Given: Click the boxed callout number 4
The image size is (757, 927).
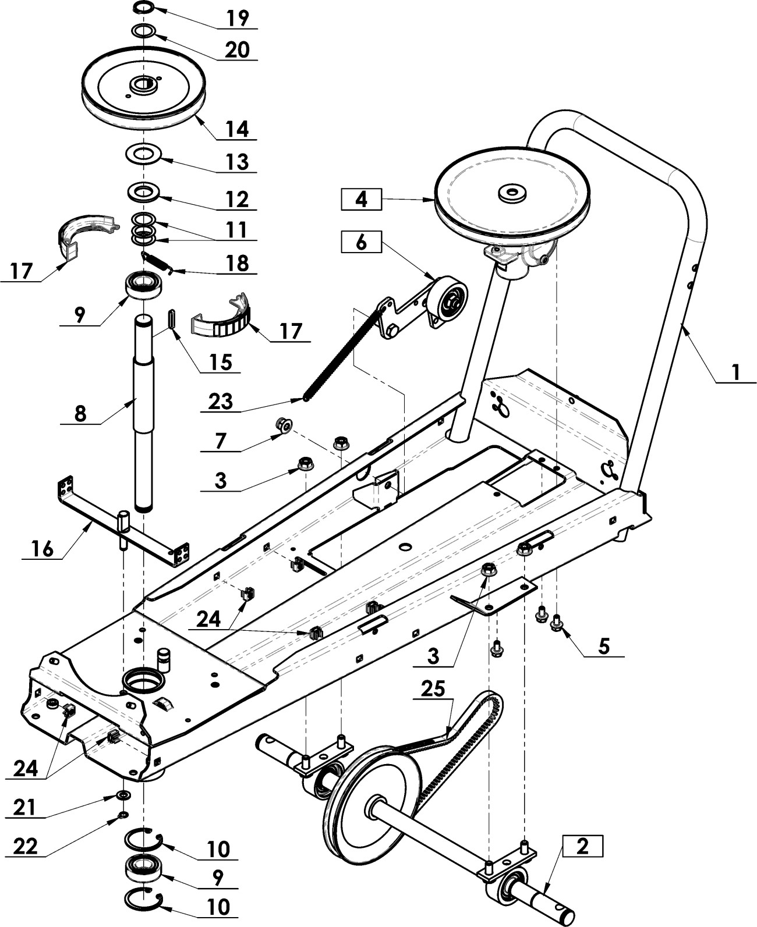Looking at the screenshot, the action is tap(360, 200).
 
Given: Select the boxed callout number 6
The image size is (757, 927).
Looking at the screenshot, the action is tap(360, 241).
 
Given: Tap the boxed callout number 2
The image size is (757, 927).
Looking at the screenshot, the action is tap(582, 846).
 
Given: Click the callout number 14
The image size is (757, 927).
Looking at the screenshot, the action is tap(238, 129).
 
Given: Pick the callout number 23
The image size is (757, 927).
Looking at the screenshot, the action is tap(221, 402).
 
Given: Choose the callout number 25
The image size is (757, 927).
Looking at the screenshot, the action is tap(433, 689).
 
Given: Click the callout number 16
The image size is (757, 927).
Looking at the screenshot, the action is tap(43, 549).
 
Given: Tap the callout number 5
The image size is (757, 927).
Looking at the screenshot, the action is tap(604, 646).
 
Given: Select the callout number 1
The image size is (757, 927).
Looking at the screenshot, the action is tap(736, 373).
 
